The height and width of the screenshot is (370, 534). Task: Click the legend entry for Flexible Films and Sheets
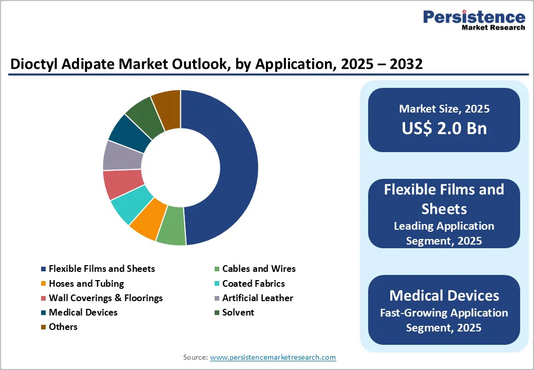pos(102,269)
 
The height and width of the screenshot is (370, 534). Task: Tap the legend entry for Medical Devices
pos(83,312)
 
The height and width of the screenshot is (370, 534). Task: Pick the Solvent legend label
pos(238,312)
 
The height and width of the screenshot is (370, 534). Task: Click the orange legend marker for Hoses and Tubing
pos(44,284)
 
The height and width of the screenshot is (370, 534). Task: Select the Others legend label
pos(63,327)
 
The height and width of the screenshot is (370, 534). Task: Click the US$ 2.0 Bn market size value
pos(444,128)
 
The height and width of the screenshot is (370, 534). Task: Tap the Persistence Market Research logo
pos(473,21)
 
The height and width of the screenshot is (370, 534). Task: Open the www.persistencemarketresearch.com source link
pos(273,357)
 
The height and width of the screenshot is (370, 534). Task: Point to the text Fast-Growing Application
pos(444,313)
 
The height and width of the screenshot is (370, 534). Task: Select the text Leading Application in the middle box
pos(444,226)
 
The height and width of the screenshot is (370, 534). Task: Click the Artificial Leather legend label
pos(257,298)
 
